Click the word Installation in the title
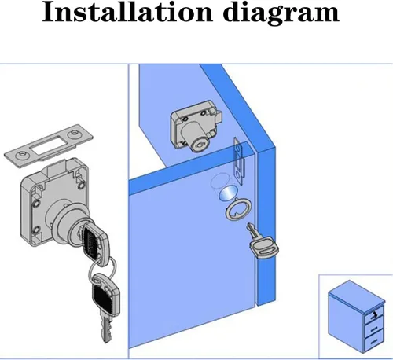point(127,12)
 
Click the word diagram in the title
point(282,13)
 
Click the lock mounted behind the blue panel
point(196,125)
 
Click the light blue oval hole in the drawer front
point(228,194)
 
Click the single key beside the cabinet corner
point(262,242)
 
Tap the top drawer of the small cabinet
point(374,316)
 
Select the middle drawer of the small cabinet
point(375,329)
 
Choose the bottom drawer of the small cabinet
point(375,342)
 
